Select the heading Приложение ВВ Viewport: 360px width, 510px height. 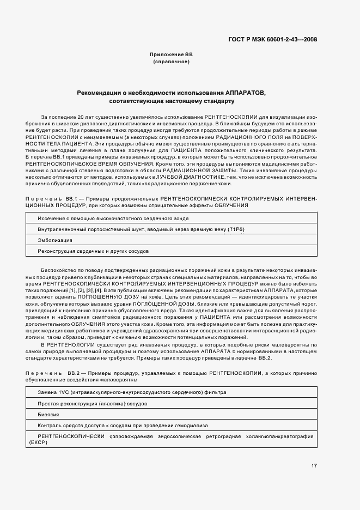pos(171,55)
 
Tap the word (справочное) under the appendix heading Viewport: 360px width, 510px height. pos(171,62)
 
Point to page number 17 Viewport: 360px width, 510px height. pos(314,466)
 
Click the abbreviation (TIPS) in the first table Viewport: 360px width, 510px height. pos(236,229)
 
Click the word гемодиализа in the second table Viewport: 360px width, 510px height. pos(193,425)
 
